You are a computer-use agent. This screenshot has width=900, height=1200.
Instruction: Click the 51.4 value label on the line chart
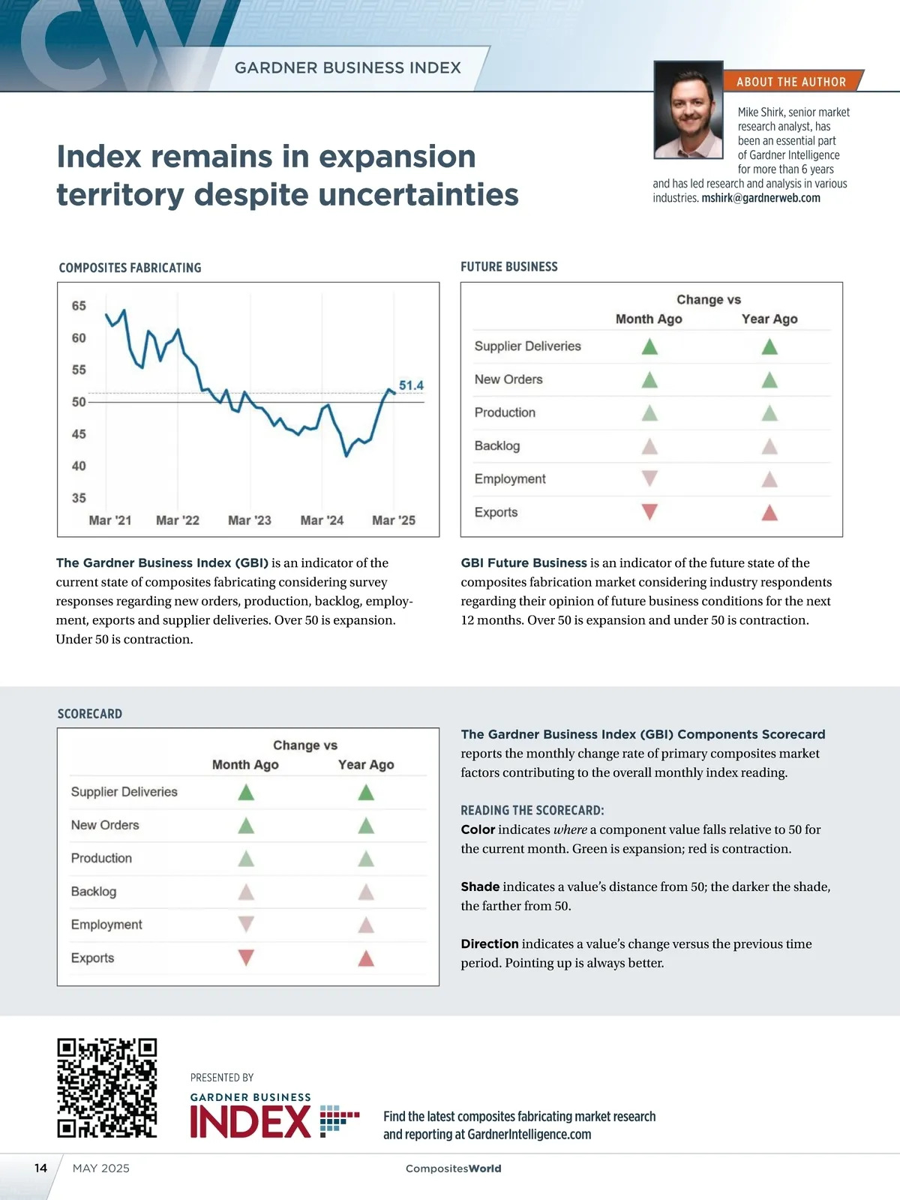pos(411,385)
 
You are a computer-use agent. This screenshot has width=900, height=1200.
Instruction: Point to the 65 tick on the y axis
pos(79,306)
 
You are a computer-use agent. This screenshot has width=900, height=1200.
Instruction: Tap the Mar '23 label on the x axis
pos(250,520)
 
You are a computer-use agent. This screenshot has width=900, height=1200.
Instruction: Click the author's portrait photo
pos(688,110)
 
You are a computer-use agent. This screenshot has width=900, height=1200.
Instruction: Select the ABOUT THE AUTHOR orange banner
pos(791,82)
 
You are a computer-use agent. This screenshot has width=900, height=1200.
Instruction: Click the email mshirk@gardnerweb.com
pos(760,198)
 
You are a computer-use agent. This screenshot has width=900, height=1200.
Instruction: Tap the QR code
pos(107,1087)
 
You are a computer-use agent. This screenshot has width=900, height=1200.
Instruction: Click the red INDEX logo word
pos(250,1122)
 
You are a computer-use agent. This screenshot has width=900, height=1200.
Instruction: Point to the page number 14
pos(40,1168)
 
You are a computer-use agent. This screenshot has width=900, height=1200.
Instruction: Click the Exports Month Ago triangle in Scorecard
pos(246,958)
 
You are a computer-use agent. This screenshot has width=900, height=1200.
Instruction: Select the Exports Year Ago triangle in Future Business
pos(769,513)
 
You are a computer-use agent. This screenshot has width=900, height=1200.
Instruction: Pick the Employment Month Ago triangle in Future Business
pos(649,478)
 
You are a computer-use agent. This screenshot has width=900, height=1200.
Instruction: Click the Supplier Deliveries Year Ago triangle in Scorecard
pos(366,792)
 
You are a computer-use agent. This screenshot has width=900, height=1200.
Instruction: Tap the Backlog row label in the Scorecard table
pos(94,892)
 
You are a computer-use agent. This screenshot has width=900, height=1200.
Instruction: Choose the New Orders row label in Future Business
pos(508,379)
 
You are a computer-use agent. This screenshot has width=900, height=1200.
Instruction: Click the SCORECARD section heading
pos(90,714)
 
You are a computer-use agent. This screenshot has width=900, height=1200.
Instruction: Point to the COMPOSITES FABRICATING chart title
pos(130,268)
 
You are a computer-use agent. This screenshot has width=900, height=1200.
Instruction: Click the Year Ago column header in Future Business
pos(769,319)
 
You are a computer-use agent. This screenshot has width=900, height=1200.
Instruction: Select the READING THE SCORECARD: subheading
pos(532,811)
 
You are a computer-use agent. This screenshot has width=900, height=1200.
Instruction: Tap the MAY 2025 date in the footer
pos(101,1168)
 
